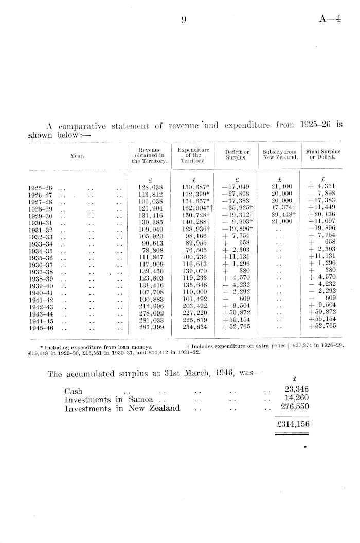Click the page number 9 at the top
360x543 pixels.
click(x=184, y=20)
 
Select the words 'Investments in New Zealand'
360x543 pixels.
click(x=122, y=408)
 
